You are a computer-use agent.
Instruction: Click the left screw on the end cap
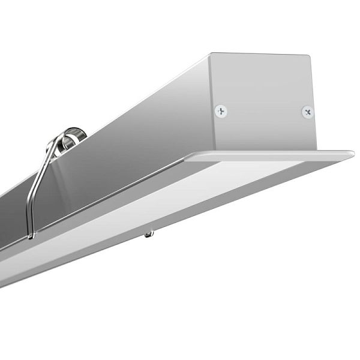pyautogui.click(x=221, y=110)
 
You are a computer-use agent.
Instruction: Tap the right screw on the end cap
pyautogui.click(x=307, y=112)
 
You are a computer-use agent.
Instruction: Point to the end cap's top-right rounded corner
pyautogui.click(x=307, y=58)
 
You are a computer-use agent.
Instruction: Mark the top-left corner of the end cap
pyautogui.click(x=211, y=54)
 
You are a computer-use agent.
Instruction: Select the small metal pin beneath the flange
pyautogui.click(x=148, y=233)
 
